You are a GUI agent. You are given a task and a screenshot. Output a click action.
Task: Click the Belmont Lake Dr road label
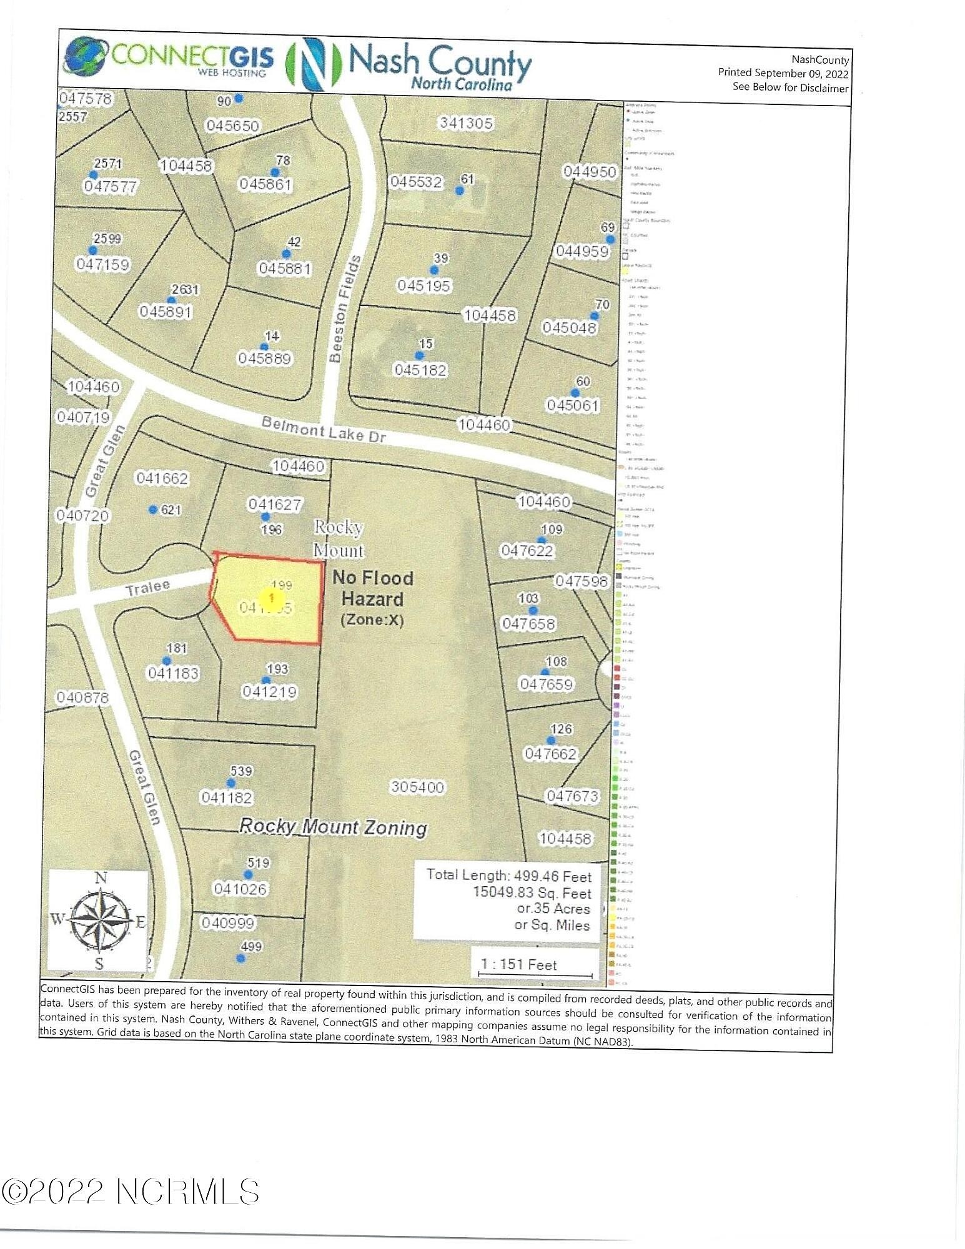coord(324,430)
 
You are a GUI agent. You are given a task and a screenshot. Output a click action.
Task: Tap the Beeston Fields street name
coord(345,309)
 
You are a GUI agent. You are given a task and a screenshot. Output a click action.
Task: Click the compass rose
coord(99,920)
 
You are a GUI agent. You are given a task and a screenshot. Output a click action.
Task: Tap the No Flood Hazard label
coord(373,589)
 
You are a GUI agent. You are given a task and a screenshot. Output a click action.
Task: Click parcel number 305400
coord(417,787)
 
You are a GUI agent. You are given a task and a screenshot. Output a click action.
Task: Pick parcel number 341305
coord(466,123)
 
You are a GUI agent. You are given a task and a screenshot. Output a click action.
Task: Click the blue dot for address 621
coord(153,510)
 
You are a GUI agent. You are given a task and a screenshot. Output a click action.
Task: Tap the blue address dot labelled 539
coord(231,783)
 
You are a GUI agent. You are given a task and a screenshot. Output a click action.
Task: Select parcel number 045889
coord(264,358)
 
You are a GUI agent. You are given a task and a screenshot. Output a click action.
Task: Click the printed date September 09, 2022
coord(783,73)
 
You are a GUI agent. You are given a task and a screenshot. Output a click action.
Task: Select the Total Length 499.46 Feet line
coord(508,875)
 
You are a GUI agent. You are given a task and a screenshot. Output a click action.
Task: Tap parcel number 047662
coord(550,754)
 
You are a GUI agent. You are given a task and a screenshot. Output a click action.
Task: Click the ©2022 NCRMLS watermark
coord(130,1192)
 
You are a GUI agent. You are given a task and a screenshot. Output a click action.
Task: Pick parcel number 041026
coord(240,888)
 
